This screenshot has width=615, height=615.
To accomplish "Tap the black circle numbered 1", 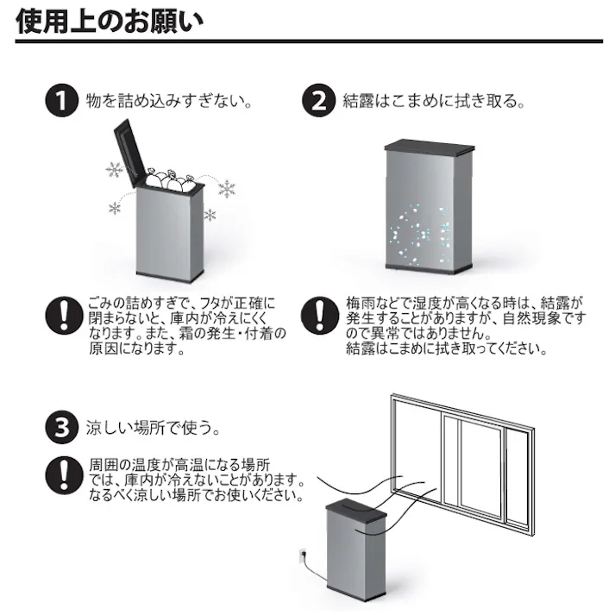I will pyautogui.click(x=59, y=100).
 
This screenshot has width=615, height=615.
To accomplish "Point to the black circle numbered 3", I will pyautogui.click(x=59, y=426).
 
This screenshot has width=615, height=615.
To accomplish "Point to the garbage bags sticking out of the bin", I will pyautogui.click(x=171, y=179).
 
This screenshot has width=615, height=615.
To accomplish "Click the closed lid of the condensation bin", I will pyautogui.click(x=430, y=146).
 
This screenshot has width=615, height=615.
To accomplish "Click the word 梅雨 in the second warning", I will pyautogui.click(x=361, y=304).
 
